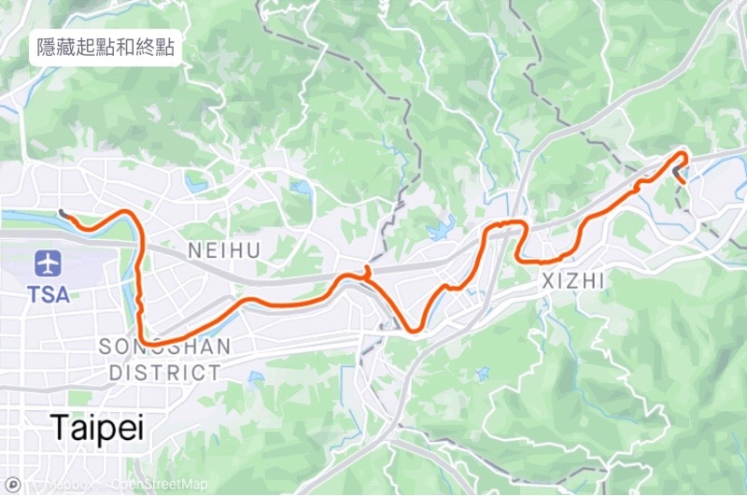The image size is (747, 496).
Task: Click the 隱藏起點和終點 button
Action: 106,48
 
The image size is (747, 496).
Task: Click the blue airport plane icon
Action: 48,262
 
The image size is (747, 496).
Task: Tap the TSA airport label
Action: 48,294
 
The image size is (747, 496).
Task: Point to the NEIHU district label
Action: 224,250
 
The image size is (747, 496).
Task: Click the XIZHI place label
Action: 573,280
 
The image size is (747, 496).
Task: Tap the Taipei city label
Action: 97,427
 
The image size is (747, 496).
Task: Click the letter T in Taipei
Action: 60,427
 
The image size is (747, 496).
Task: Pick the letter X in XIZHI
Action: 546,280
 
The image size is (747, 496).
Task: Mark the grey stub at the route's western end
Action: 63,213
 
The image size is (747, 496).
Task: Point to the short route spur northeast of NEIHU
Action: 367,270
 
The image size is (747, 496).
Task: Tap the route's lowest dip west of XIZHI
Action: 414,329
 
